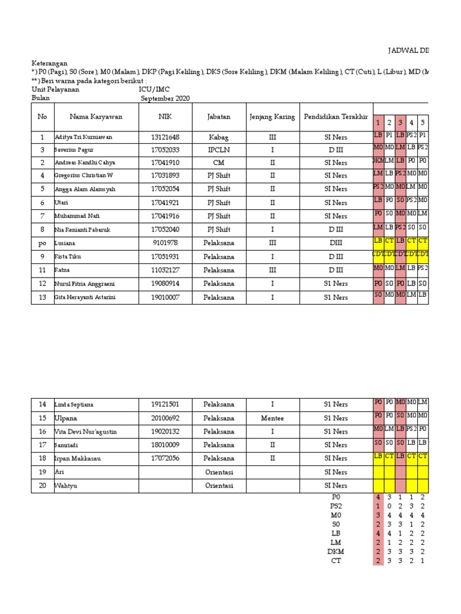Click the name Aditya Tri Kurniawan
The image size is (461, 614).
[x=83, y=137]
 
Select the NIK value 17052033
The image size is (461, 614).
[x=165, y=149]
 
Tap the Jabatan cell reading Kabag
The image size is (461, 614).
[x=218, y=137]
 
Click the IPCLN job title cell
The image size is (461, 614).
[x=218, y=149]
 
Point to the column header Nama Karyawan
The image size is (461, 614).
[x=96, y=117]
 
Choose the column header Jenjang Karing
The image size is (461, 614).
[x=272, y=117]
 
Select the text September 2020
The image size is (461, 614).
[x=165, y=98]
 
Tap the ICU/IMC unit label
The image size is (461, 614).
[x=155, y=89]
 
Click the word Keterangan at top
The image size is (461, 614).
[x=49, y=62]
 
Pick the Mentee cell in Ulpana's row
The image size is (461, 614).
[x=272, y=419]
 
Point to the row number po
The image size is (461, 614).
[x=43, y=243]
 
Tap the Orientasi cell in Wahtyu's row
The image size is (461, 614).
[x=218, y=486]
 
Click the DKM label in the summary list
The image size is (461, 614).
[x=336, y=552]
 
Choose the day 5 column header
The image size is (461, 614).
[x=423, y=122]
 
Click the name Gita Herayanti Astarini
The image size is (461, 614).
[x=85, y=297]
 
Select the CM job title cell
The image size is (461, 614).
[x=218, y=162]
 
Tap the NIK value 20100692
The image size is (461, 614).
[x=165, y=419]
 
